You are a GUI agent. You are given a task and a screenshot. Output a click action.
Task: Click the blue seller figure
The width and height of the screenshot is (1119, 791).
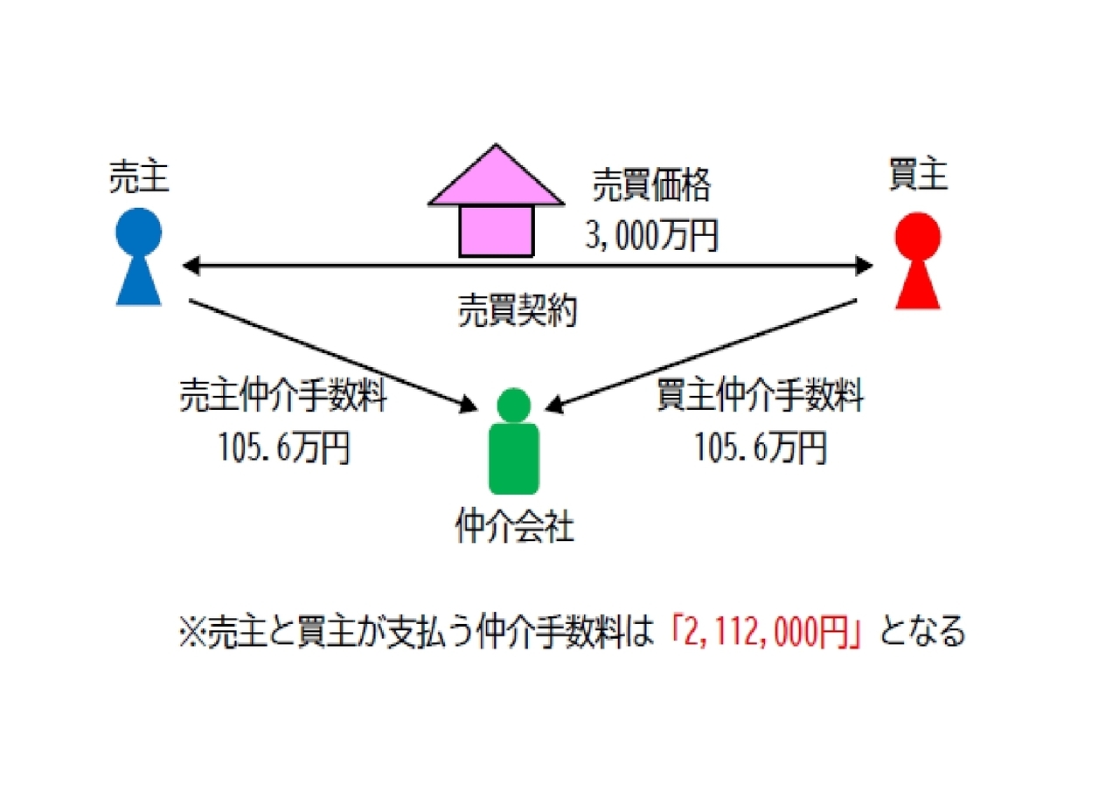pyautogui.click(x=138, y=257)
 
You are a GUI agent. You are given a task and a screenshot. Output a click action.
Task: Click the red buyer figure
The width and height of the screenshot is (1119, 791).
pyautogui.click(x=918, y=260)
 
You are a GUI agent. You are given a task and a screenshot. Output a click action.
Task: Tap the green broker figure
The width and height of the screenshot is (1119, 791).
pyautogui.click(x=513, y=441)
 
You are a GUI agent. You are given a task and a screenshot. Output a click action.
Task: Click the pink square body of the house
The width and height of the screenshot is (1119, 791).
pyautogui.click(x=497, y=232)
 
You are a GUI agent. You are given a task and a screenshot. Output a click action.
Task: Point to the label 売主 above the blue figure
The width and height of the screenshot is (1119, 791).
pyautogui.click(x=139, y=177)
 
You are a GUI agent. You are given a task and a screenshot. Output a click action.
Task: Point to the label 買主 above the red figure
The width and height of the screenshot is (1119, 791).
pyautogui.click(x=918, y=174)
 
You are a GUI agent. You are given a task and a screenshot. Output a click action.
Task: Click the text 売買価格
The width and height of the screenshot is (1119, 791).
pyautogui.click(x=651, y=185)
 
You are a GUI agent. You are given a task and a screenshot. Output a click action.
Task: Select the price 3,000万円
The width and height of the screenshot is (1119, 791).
pyautogui.click(x=651, y=235)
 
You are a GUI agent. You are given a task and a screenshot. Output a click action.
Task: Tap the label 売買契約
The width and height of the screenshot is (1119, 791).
pyautogui.click(x=517, y=310)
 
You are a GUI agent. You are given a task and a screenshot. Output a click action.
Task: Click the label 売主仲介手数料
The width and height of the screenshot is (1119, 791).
pyautogui.click(x=282, y=395)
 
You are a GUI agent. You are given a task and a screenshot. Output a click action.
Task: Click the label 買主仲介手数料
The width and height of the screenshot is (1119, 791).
pyautogui.click(x=760, y=395)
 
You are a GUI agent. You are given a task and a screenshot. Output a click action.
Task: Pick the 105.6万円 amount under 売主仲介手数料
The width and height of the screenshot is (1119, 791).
pyautogui.click(x=284, y=448)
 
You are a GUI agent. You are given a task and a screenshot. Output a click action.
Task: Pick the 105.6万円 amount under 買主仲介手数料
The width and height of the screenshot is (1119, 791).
pyautogui.click(x=761, y=448)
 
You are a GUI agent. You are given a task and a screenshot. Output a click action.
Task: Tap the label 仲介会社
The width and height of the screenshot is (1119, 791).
pyautogui.click(x=514, y=526)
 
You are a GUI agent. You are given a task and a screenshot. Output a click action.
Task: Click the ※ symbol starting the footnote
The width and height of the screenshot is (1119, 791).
pyautogui.click(x=193, y=632)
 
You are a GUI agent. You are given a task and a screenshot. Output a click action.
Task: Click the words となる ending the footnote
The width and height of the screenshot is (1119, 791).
pyautogui.click(x=922, y=632)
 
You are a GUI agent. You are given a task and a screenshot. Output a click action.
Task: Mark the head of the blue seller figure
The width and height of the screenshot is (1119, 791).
pyautogui.click(x=138, y=232)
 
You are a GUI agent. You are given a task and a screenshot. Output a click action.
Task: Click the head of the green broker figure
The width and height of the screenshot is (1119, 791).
pyautogui.click(x=513, y=405)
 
